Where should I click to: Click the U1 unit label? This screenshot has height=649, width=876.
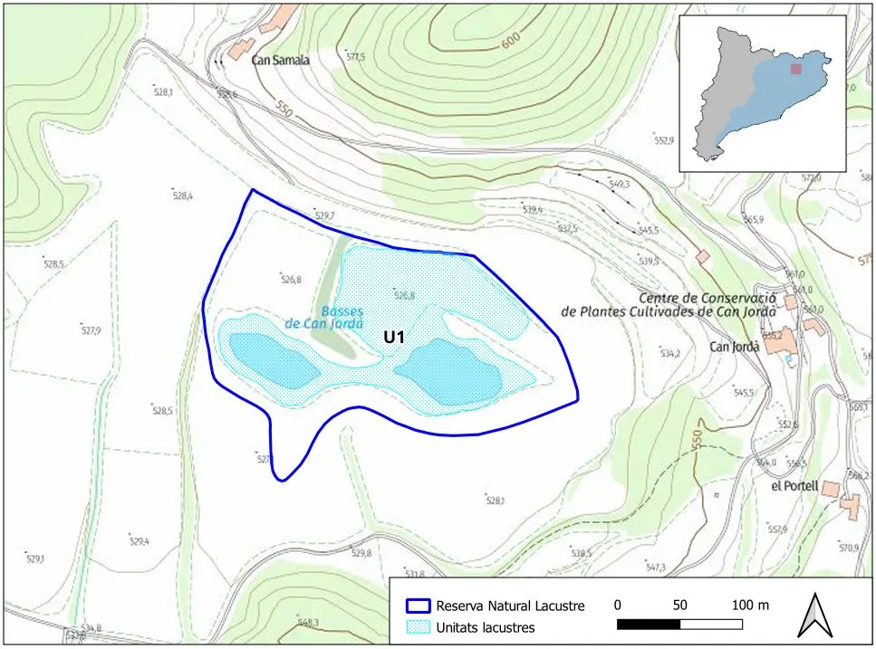(393, 337)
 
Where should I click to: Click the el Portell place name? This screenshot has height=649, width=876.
(794, 486)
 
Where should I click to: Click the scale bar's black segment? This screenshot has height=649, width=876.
(649, 625)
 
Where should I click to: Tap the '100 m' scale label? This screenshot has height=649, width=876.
(750, 605)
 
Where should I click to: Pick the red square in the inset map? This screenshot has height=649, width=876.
(796, 69)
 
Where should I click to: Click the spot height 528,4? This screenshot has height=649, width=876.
(182, 196)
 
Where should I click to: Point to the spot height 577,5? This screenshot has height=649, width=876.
(355, 57)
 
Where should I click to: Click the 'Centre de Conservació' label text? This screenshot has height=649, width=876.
(708, 298)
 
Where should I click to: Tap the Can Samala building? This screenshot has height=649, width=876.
(241, 48)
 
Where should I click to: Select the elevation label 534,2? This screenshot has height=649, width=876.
(670, 354)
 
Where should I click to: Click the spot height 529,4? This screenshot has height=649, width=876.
(139, 541)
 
